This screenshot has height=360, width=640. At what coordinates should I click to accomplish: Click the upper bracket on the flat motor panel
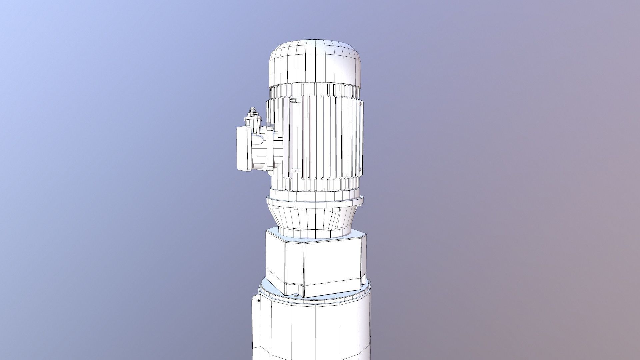click(x=295, y=100)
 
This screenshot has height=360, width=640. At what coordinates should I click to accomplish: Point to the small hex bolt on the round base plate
click(x=296, y=295)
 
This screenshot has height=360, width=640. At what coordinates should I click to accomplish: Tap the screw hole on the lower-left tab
click(x=259, y=301)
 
